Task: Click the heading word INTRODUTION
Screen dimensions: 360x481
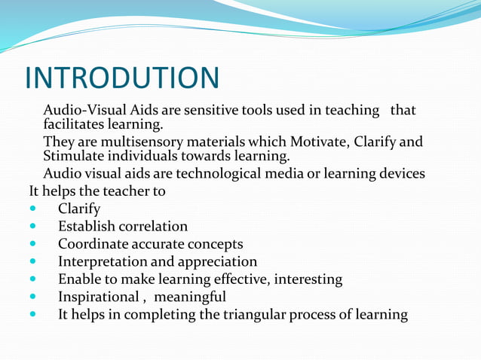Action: click(x=122, y=78)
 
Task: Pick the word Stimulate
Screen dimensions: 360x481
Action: click(x=75, y=156)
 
